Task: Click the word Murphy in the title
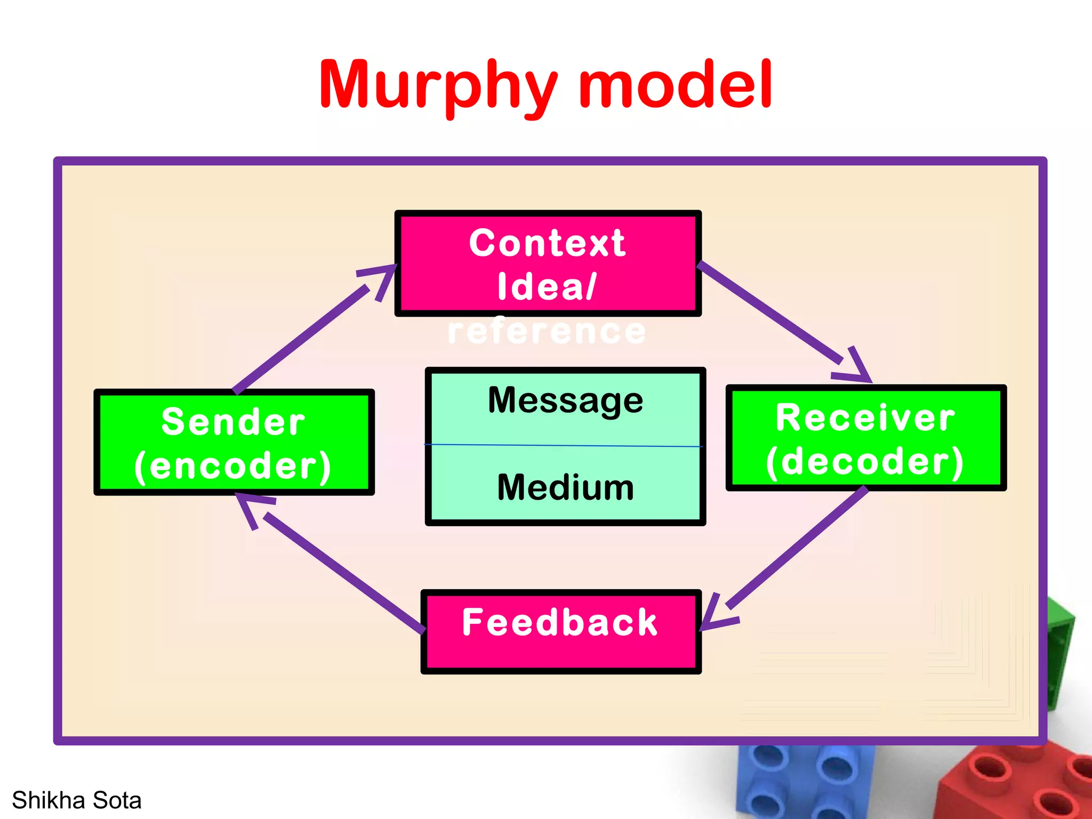coord(437,85)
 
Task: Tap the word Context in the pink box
coord(547,243)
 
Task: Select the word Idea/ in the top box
coord(547,287)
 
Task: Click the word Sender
coord(234,422)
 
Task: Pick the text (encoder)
coord(234,466)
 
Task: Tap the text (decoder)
coord(865,461)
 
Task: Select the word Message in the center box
coord(565,400)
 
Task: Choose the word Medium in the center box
coord(565,487)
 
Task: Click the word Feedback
coord(560,622)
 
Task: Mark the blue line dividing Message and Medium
coord(563,445)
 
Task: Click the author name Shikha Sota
coord(77,800)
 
